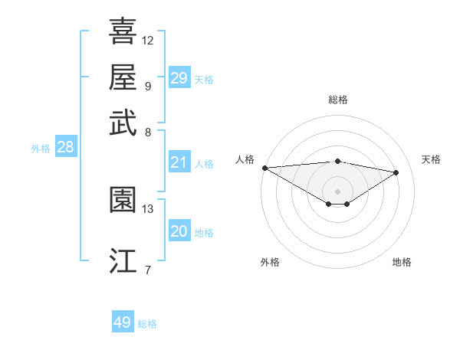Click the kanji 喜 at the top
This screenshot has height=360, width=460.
(x=123, y=31)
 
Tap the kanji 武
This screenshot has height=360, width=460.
(x=123, y=122)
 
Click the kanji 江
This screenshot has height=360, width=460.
(x=123, y=261)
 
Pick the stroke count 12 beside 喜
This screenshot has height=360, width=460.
(x=148, y=40)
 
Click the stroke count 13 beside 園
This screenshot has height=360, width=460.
(x=148, y=208)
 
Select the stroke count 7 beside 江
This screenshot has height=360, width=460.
(x=148, y=270)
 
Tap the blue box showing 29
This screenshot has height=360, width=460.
(x=179, y=78)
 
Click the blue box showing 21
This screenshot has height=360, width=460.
(x=179, y=162)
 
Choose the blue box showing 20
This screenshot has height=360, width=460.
(x=179, y=231)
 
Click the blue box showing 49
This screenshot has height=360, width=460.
(x=123, y=322)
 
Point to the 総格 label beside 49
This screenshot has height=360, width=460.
(x=148, y=324)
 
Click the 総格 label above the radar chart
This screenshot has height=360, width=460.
(x=337, y=100)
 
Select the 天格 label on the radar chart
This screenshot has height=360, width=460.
(x=431, y=159)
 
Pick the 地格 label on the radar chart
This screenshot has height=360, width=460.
(x=402, y=262)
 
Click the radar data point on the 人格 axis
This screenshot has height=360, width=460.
(x=264, y=168)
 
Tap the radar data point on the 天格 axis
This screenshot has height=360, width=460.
(x=396, y=172)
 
